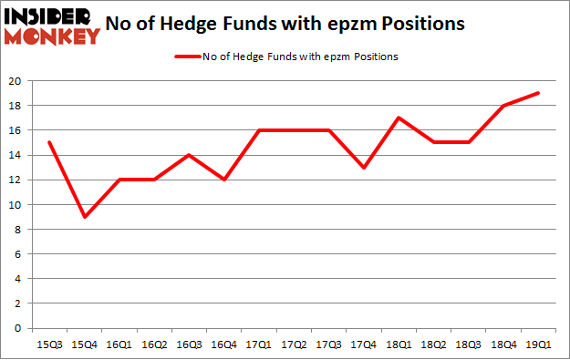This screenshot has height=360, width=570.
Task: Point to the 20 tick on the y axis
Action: pyautogui.click(x=18, y=81)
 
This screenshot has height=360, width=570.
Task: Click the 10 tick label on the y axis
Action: pyautogui.click(x=18, y=205)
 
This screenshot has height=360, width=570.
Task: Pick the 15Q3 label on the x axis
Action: pyautogui.click(x=49, y=345)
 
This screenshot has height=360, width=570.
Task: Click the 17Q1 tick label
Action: pyautogui.click(x=259, y=345)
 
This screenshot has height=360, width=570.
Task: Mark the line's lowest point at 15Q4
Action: pyautogui.click(x=84, y=217)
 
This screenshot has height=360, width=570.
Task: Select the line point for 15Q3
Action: pyautogui.click(x=49, y=142)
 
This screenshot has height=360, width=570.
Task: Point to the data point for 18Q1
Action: pyautogui.click(x=399, y=118)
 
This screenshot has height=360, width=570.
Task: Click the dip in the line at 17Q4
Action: pyautogui.click(x=364, y=168)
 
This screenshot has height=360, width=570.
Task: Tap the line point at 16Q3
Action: pyautogui.click(x=189, y=155)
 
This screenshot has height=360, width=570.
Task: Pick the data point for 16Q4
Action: pyautogui.click(x=223, y=180)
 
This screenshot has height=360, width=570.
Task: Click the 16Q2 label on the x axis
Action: pyautogui.click(x=154, y=345)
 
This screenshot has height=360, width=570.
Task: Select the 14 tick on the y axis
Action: pyautogui.click(x=18, y=155)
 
